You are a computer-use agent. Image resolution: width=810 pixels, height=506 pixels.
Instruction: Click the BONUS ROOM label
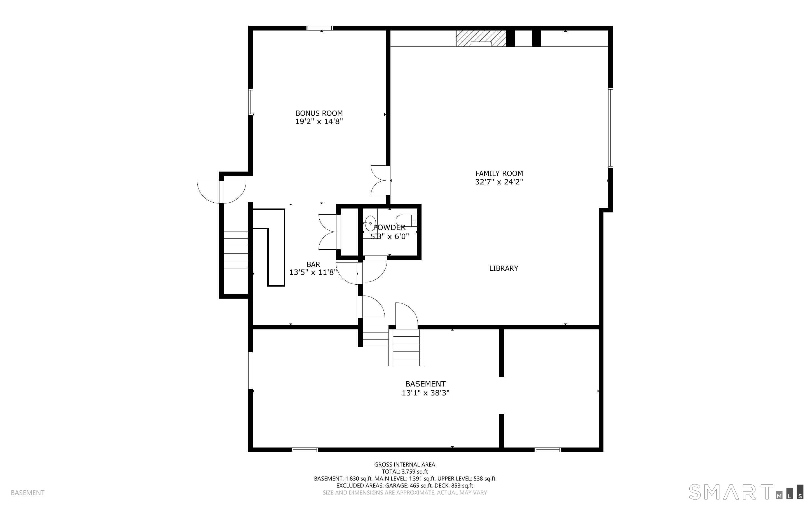click(319, 113)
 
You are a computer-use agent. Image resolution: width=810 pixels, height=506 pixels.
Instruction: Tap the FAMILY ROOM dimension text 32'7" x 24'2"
click(499, 182)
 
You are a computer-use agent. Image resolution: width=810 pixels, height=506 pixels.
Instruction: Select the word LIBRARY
click(504, 268)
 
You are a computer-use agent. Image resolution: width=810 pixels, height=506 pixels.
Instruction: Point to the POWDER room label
click(389, 228)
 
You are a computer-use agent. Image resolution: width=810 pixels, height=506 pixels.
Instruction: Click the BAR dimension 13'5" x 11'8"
click(313, 272)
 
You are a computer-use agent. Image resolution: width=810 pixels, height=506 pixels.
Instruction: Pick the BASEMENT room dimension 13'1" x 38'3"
click(425, 393)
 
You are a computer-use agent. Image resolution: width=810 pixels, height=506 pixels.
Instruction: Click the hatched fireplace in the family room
click(481, 39)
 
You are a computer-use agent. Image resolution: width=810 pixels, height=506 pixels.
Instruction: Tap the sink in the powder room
click(370, 223)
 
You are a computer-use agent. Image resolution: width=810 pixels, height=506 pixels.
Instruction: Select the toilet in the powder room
click(406, 221)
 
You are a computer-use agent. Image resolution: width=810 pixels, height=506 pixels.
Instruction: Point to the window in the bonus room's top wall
click(320, 28)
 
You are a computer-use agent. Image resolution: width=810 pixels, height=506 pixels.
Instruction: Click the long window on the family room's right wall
click(610, 128)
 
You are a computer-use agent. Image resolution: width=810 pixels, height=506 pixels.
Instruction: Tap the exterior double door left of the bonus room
click(221, 192)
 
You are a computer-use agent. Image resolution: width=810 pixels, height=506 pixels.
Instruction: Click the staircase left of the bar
click(236, 250)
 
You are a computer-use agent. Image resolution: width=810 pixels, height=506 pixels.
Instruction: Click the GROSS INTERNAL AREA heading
click(404, 465)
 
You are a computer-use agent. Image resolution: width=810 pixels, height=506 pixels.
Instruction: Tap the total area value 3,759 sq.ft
click(415, 472)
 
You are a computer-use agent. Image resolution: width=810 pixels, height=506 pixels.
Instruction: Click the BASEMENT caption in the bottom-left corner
click(27, 493)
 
